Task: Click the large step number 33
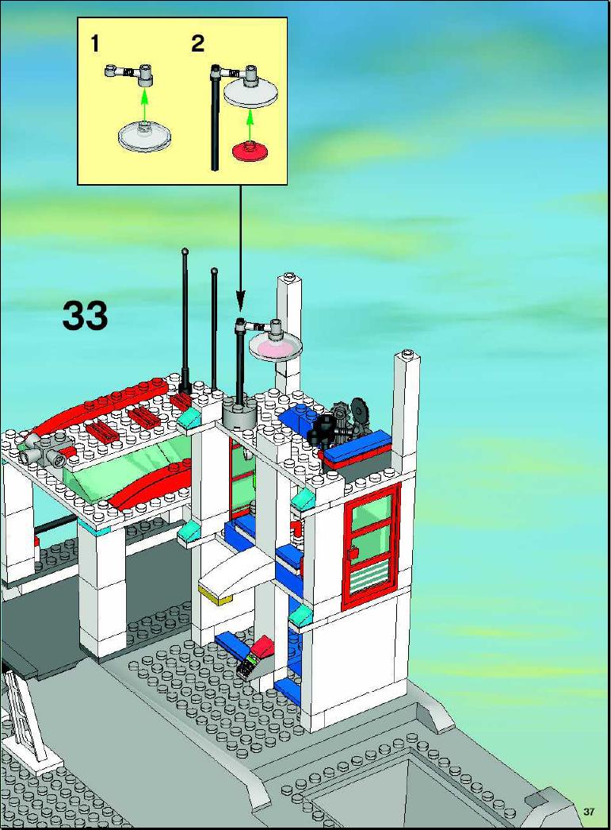(x=85, y=315)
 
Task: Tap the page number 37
(x=590, y=811)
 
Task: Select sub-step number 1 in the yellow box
(x=95, y=44)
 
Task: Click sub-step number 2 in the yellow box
(x=197, y=44)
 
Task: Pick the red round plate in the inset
(x=250, y=152)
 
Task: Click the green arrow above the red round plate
(x=250, y=125)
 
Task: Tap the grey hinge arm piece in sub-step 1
(x=129, y=73)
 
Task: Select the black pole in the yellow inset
(x=215, y=118)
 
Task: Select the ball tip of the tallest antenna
(x=185, y=251)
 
